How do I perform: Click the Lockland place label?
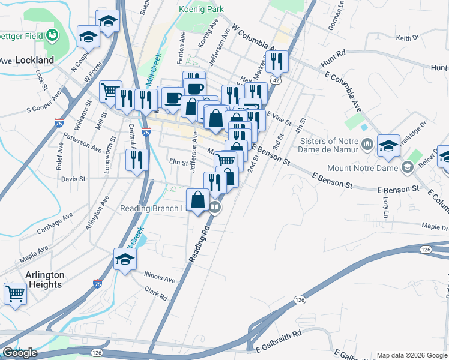pos(34,60)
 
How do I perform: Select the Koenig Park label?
pos(201,9)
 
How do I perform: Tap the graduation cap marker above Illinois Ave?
pos(125,259)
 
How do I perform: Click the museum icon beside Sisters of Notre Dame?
pos(368,145)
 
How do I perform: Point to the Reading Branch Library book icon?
pos(215,208)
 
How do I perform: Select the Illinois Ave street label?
pos(160,277)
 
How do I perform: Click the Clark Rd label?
pos(158,293)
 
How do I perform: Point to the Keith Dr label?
pos(407,38)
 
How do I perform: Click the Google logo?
pos(20,353)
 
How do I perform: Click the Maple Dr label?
pos(435,227)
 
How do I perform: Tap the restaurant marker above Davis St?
pos(137,160)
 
